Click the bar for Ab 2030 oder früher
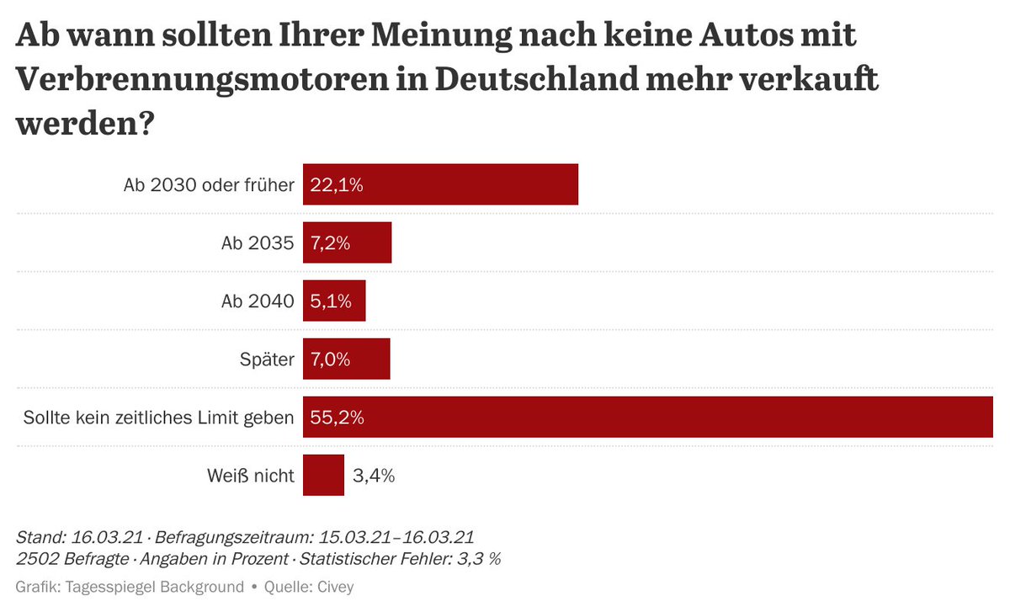point(440,184)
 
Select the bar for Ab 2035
point(347,242)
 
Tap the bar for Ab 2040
point(334,301)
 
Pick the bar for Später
point(346,359)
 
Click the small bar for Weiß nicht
point(323,476)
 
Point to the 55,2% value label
point(337,418)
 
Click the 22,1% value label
point(337,184)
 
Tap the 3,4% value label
point(374,476)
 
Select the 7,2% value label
point(330,242)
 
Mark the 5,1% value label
point(330,301)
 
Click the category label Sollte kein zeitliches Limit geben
point(159,418)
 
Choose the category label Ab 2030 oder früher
point(209,184)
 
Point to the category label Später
point(267,359)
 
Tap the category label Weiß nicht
point(251,476)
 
